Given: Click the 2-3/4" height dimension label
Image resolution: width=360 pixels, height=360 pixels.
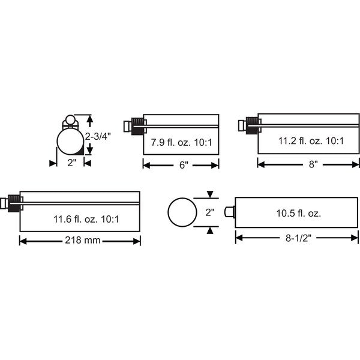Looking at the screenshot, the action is click(x=98, y=137).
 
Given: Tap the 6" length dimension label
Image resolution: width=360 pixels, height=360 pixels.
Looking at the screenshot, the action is click(x=184, y=165).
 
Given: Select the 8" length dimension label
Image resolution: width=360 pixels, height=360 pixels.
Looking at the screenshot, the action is click(x=313, y=164).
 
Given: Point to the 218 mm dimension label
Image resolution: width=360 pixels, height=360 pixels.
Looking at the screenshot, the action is click(x=83, y=241).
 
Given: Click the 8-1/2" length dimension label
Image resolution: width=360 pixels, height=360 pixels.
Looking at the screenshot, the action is click(x=298, y=238).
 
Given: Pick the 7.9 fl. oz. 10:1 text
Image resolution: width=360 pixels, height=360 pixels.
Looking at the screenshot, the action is click(x=181, y=142).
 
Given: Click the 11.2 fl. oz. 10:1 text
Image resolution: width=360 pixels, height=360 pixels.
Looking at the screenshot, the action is click(x=311, y=141).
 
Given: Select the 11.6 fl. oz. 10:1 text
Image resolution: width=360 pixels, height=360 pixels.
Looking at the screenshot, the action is click(x=86, y=219).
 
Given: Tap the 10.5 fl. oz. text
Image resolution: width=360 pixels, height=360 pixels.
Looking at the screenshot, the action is click(x=298, y=214).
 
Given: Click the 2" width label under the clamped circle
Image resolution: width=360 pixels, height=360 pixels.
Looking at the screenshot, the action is click(x=71, y=163).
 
